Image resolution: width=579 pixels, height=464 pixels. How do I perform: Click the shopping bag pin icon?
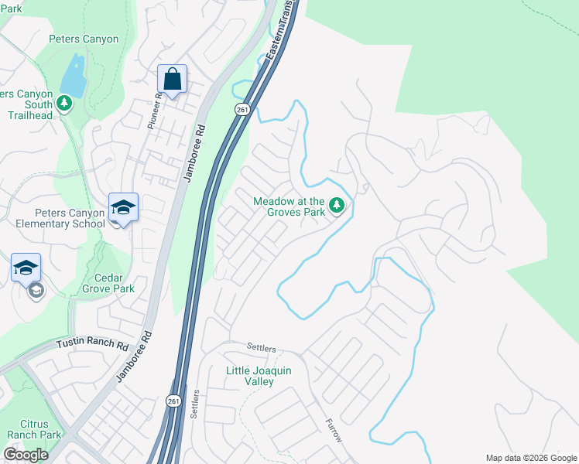(x=172, y=79)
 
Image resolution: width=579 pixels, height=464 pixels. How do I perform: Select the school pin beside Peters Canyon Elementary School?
(x=123, y=207)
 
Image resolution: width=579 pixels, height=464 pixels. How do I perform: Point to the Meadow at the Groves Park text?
(x=288, y=207)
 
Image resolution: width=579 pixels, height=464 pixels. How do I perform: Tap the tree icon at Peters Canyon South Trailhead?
(x=65, y=103)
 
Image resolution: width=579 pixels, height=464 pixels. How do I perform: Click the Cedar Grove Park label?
(x=108, y=283)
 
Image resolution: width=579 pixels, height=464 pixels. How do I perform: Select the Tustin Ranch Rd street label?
(x=92, y=343)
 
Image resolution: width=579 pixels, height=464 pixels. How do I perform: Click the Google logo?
(x=26, y=455)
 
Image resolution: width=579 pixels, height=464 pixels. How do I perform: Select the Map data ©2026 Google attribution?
(x=530, y=458)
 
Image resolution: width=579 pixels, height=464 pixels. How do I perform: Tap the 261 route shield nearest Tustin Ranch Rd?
(x=173, y=401)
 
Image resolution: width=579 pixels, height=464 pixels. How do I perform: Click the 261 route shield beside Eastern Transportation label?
(x=242, y=109)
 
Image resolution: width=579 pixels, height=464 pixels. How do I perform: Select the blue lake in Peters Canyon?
(x=73, y=73)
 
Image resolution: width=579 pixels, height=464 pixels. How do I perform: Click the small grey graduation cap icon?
(x=36, y=291)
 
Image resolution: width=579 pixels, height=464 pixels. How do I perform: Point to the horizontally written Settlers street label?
(x=261, y=348)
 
